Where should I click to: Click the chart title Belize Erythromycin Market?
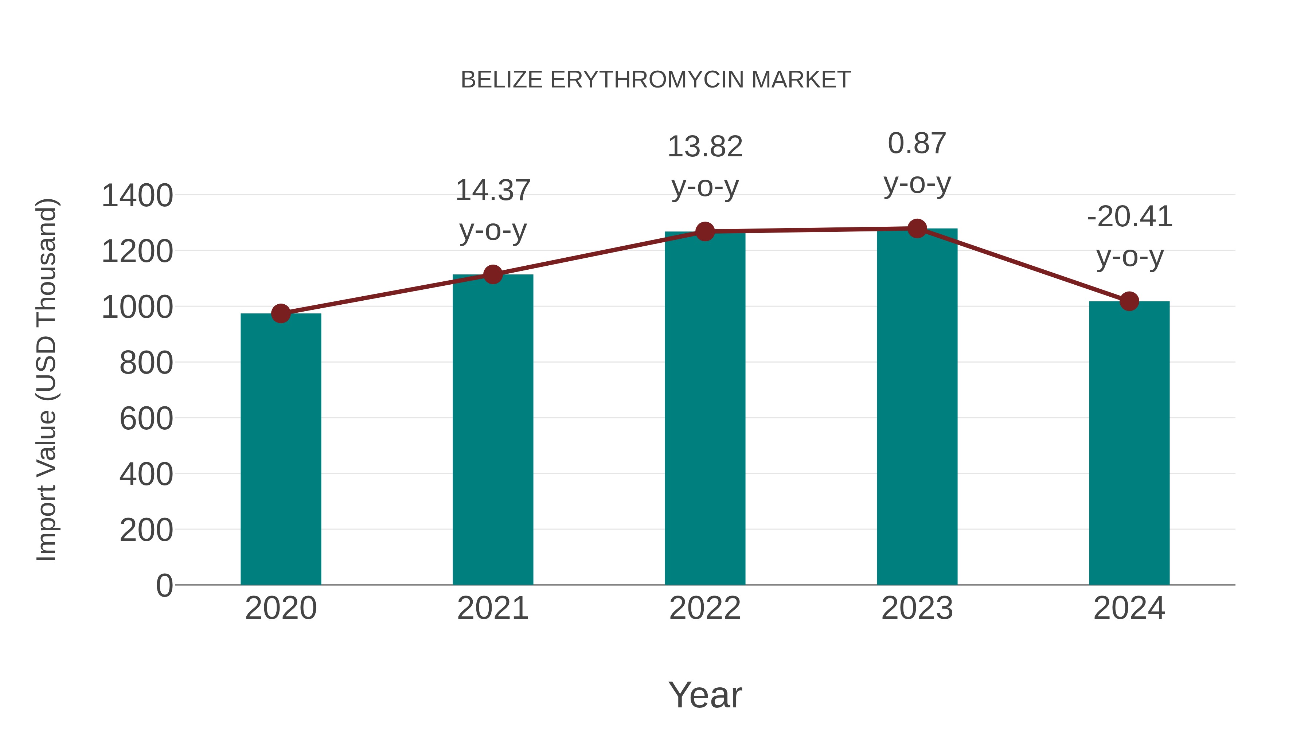[x=656, y=80]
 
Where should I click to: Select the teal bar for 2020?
[x=281, y=448]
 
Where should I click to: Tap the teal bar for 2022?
[x=705, y=407]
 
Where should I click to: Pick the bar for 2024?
[x=1129, y=443]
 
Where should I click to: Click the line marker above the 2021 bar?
[x=492, y=274]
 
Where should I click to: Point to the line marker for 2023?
[x=917, y=229]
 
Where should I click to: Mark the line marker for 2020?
[x=281, y=314]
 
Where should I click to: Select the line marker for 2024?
[x=1129, y=301]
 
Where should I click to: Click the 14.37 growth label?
[x=492, y=191]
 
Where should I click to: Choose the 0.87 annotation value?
[x=917, y=143]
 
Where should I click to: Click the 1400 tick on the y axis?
[x=137, y=196]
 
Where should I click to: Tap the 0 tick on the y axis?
[x=164, y=585]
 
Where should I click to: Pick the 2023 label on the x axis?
[x=917, y=608]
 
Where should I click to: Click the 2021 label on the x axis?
[x=492, y=608]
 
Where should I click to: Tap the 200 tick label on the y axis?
[x=146, y=530]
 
